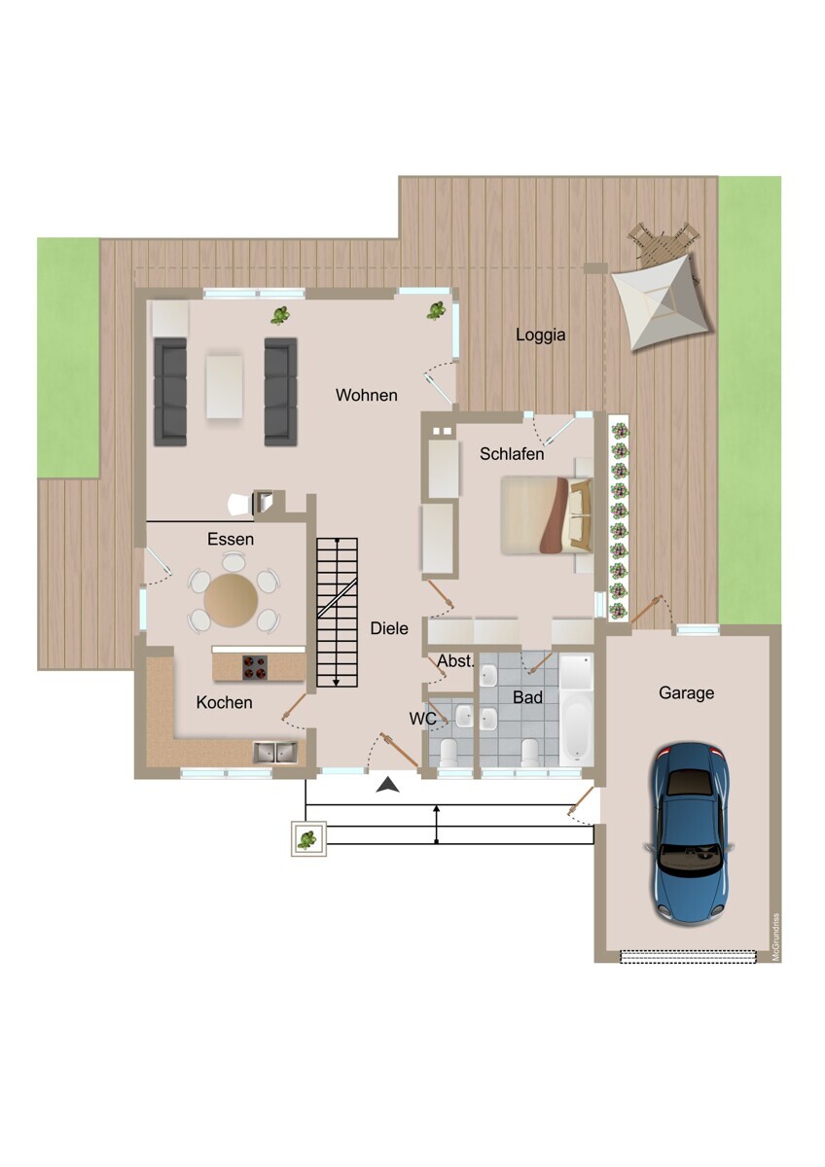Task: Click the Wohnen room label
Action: [367, 396]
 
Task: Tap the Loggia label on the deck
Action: [541, 335]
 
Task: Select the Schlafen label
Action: [512, 454]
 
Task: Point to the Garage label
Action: [687, 692]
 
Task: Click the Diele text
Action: [389, 629]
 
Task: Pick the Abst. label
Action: [456, 661]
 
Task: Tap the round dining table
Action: [231, 600]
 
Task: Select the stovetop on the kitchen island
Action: [255, 668]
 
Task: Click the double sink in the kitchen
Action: [275, 753]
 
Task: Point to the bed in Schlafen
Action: [547, 514]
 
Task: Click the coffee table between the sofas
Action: [225, 386]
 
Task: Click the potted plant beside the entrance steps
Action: [308, 838]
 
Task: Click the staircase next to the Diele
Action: [338, 613]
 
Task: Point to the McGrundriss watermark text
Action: [775, 937]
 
